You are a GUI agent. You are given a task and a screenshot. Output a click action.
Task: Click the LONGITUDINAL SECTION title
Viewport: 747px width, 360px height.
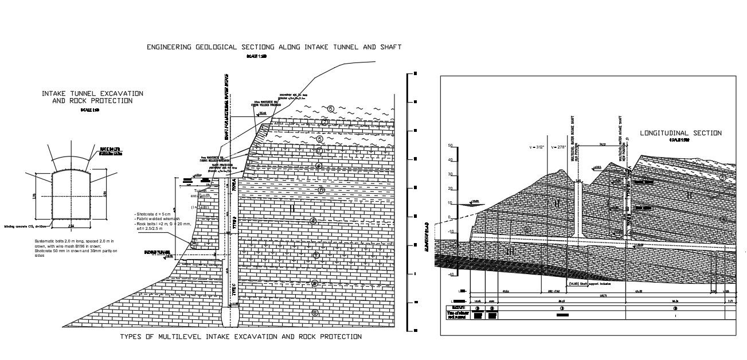(x=680, y=133)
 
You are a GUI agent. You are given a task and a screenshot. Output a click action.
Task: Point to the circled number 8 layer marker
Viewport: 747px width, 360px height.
(x=314, y=312)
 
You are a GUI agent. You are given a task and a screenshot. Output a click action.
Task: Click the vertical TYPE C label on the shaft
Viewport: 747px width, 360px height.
(x=234, y=290)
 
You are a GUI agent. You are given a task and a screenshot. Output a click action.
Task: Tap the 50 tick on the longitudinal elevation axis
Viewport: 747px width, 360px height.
(x=451, y=146)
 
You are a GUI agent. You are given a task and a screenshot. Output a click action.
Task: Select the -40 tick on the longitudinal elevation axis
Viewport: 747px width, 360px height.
(x=451, y=274)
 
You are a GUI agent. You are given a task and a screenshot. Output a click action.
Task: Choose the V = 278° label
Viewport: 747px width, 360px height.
(x=558, y=148)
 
